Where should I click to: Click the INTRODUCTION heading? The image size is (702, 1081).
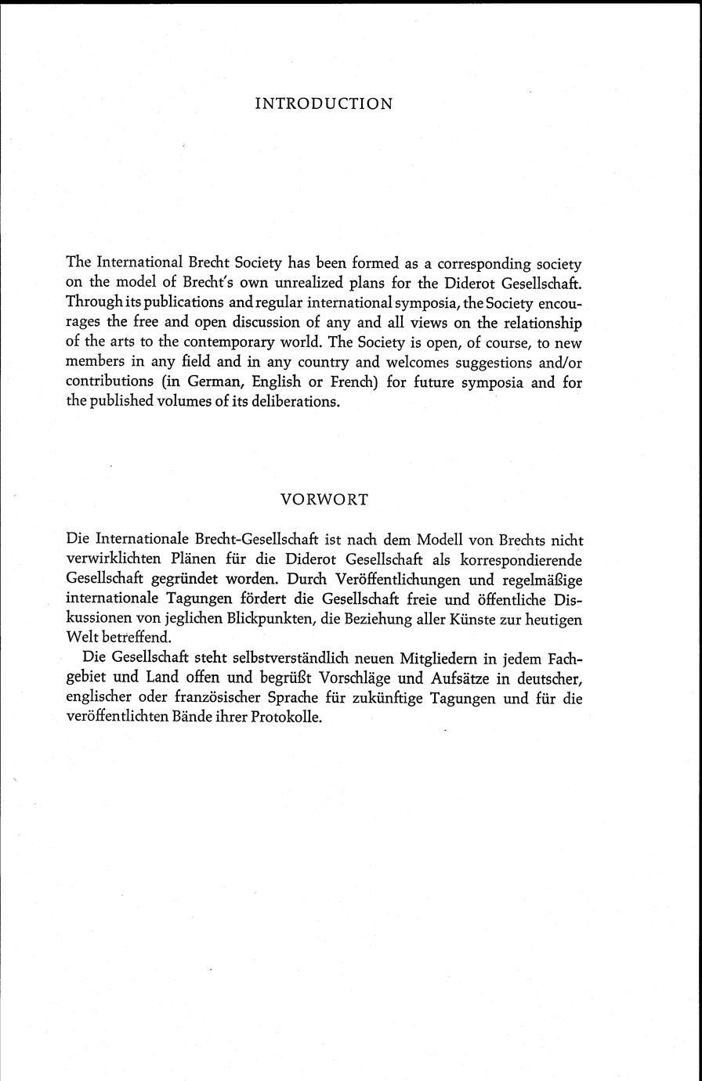(x=324, y=104)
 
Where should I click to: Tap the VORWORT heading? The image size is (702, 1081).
(x=324, y=500)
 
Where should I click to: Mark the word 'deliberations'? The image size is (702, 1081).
(x=298, y=403)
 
